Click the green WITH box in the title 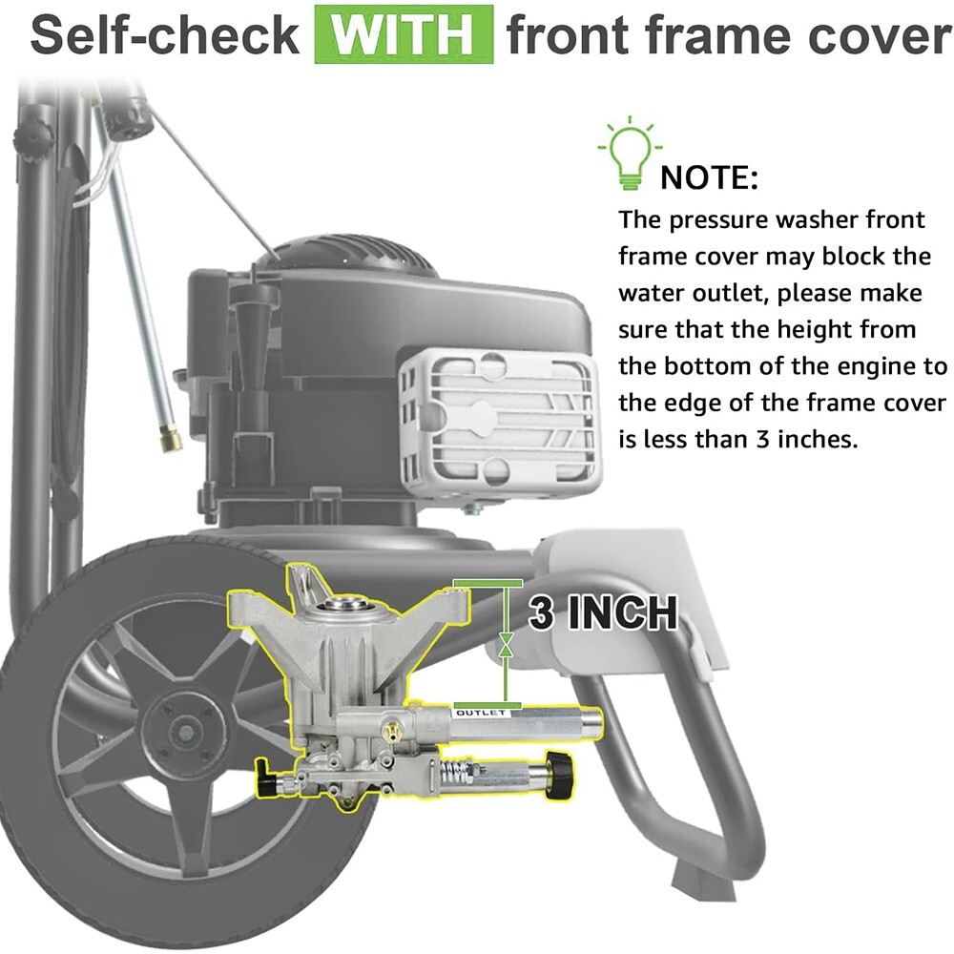tap(404, 34)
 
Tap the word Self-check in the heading tap(165, 34)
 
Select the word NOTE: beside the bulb tap(710, 177)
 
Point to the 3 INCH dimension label tap(602, 612)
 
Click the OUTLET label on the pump tap(481, 713)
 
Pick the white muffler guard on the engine tap(499, 416)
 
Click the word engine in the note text tap(880, 367)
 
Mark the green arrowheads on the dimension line tap(506, 644)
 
